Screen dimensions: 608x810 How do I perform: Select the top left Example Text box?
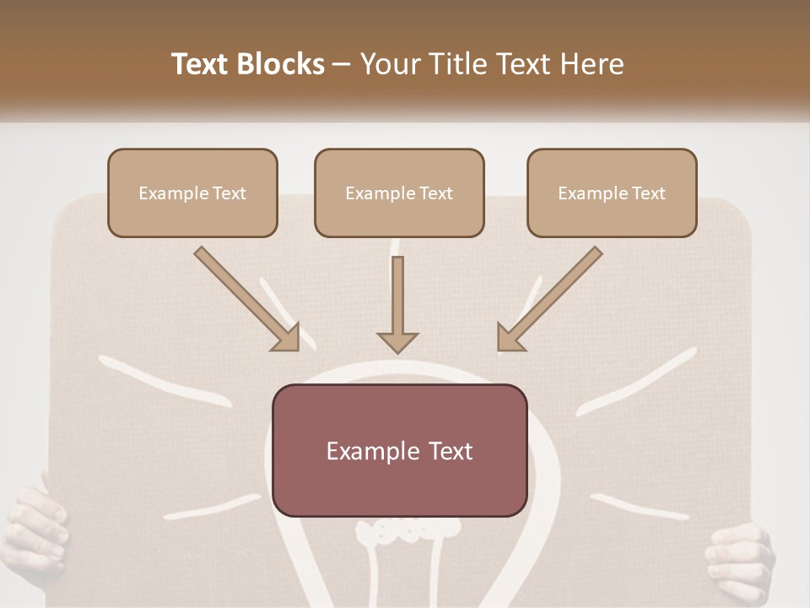(x=192, y=193)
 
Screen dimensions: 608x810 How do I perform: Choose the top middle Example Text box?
(x=399, y=193)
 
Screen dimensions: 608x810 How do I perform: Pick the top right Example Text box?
(x=612, y=193)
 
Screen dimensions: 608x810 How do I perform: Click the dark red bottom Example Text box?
(x=399, y=450)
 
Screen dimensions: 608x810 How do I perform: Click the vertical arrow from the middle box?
(x=397, y=304)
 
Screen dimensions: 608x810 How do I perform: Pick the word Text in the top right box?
(x=649, y=193)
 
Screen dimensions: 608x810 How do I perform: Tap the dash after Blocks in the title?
(x=342, y=64)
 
